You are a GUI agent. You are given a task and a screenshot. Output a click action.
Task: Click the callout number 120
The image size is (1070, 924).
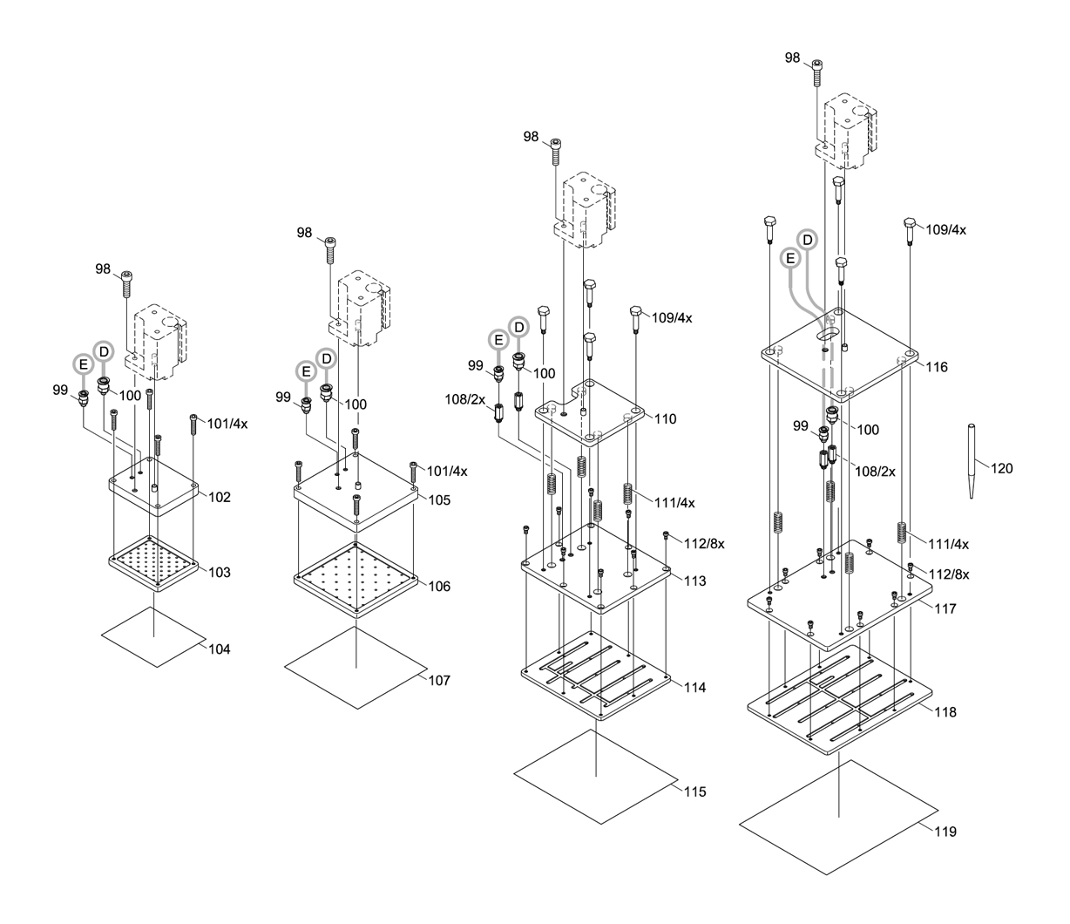pos(1002,468)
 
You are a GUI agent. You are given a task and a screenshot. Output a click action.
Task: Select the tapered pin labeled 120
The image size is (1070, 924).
pos(972,461)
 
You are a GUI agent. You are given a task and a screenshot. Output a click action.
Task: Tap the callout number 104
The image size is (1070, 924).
pos(220,649)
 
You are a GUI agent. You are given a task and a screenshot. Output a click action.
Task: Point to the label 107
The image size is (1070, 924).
pos(439,680)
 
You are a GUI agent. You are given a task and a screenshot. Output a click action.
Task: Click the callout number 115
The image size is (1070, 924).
pos(695,792)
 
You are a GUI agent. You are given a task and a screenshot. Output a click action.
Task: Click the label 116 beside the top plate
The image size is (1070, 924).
pos(937,367)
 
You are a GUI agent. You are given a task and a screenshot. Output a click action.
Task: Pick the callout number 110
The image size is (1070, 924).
pos(665,419)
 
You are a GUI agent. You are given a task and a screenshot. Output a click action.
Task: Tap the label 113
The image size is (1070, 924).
pos(695,581)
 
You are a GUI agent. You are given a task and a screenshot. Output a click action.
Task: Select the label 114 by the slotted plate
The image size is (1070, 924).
pos(695,687)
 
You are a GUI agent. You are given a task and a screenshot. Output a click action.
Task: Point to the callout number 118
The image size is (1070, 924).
pos(945,712)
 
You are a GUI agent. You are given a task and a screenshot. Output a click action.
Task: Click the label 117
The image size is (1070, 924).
pos(945,608)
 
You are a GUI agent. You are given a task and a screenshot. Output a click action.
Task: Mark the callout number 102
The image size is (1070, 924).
pos(220,497)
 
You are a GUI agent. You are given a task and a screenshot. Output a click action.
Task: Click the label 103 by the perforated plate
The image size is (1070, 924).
pos(220,573)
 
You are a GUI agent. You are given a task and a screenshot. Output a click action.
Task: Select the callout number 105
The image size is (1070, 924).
pos(439,499)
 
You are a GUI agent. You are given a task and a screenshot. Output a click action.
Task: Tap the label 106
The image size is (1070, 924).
pos(439,587)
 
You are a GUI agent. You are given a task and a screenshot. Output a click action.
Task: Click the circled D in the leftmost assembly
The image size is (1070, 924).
pos(104,351)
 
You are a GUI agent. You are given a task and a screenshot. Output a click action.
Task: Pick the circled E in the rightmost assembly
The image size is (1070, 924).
pos(790,258)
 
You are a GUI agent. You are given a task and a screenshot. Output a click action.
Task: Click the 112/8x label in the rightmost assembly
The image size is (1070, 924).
pos(949,574)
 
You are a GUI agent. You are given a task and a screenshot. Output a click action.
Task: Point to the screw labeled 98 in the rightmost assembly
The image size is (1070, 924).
pos(817,72)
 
